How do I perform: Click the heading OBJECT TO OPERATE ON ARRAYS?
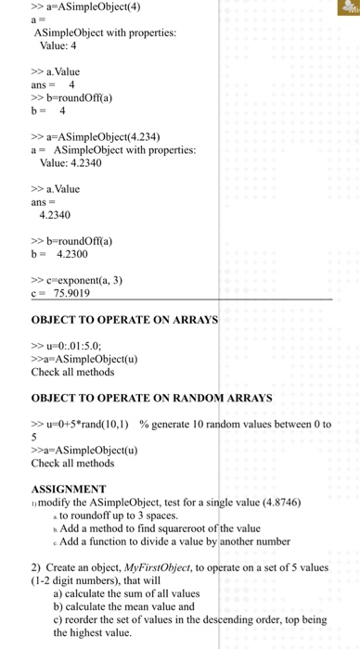[x=124, y=320]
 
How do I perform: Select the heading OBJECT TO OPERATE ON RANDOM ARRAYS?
[x=152, y=398]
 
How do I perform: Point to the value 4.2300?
[x=73, y=252]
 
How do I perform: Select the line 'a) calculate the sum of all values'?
[x=138, y=593]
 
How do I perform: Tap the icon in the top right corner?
[x=346, y=8]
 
